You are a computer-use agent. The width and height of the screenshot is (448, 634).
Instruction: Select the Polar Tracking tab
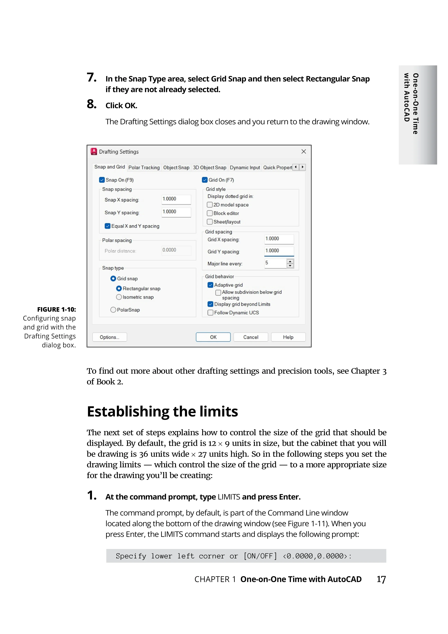[x=144, y=168]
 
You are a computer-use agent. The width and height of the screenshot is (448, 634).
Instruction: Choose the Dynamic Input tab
[x=245, y=168]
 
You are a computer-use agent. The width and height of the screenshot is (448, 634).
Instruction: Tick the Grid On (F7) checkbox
[x=205, y=180]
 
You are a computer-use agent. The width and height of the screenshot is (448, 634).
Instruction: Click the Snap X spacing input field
[x=176, y=199]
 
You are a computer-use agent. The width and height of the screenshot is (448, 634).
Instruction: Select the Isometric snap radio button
[x=119, y=297]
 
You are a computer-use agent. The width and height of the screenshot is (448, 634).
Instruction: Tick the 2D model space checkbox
[x=210, y=205]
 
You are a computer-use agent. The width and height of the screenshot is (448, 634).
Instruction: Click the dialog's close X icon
[x=304, y=152]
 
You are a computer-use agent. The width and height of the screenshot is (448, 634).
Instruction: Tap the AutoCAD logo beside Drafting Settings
[x=94, y=152]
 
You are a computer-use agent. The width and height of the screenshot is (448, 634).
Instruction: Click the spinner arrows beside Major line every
[x=290, y=263]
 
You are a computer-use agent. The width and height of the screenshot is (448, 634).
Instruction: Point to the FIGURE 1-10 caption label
[x=57, y=309]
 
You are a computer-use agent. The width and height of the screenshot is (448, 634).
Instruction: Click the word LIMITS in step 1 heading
[x=229, y=497]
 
